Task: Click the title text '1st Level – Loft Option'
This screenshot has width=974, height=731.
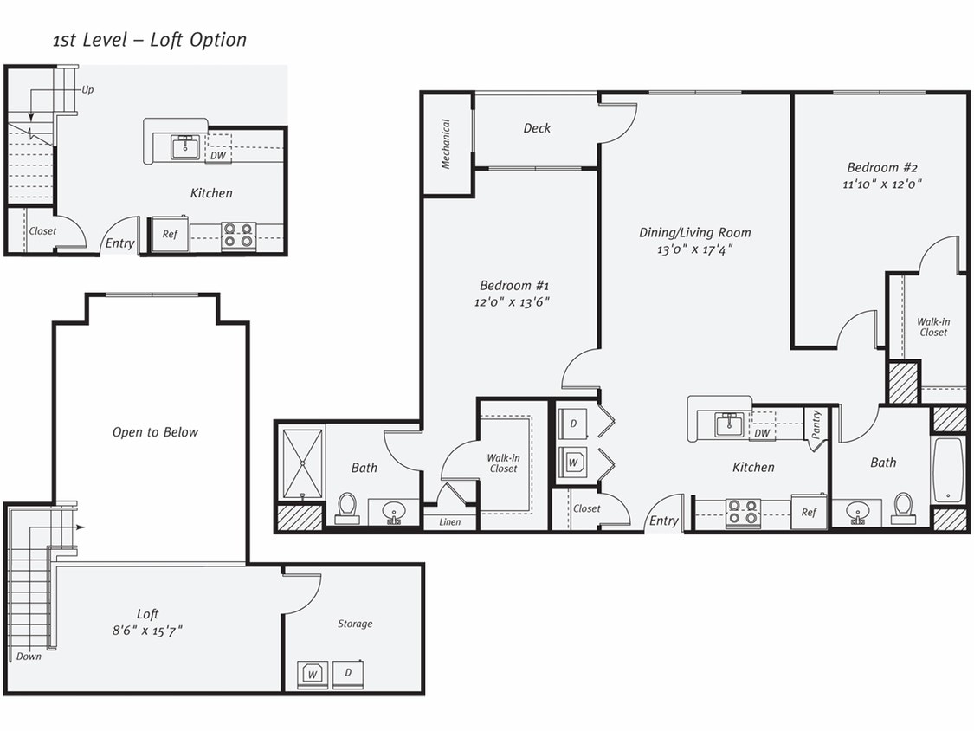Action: [x=149, y=40]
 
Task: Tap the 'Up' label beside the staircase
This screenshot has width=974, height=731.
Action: [x=87, y=89]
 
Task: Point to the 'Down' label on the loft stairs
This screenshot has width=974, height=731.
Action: [x=29, y=656]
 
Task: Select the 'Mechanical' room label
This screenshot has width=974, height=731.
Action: [x=447, y=144]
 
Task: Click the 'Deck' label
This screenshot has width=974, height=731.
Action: [x=537, y=128]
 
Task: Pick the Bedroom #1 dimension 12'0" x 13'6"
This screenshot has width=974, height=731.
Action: [x=512, y=301]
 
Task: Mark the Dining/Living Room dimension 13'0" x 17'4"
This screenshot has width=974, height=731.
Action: [x=694, y=249]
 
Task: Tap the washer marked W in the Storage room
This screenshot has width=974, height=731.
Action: [x=313, y=673]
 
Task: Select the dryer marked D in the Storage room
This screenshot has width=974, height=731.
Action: [x=348, y=673]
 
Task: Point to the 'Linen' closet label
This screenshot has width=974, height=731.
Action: [x=449, y=521]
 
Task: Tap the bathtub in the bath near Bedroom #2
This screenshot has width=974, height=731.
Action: [x=949, y=470]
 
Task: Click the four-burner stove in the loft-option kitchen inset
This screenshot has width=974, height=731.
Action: [x=238, y=236]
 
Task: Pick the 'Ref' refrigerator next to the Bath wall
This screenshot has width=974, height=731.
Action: [x=809, y=512]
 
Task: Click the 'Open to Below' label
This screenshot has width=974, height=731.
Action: [x=155, y=432]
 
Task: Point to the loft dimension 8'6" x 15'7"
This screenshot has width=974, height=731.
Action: [x=147, y=631]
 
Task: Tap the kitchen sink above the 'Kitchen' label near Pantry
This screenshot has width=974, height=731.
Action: [x=729, y=424]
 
